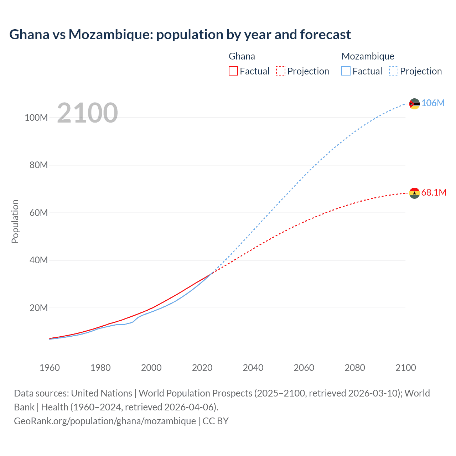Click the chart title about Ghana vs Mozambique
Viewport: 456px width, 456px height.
[180, 35]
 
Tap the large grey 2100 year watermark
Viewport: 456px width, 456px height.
[87, 113]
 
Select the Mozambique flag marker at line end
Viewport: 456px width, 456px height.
[414, 104]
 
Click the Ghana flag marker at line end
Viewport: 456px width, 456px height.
[414, 193]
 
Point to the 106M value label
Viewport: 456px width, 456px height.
[433, 103]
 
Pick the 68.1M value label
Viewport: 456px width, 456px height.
[434, 192]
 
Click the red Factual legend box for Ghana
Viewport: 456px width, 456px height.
[233, 71]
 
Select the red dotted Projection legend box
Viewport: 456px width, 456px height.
[281, 71]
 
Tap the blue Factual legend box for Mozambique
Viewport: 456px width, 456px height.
[346, 71]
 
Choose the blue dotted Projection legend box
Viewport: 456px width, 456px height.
[393, 71]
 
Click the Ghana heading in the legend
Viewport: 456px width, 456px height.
[242, 56]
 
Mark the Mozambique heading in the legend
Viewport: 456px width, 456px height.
[368, 56]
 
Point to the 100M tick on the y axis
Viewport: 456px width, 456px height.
[36, 118]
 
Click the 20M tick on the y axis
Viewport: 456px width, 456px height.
[38, 308]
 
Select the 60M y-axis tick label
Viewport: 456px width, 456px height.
[38, 213]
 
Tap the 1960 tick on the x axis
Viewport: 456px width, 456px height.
[50, 368]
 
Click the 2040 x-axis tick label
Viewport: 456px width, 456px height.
[253, 368]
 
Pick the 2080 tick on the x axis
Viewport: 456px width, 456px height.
[355, 368]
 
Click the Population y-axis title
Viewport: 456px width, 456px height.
[15, 221]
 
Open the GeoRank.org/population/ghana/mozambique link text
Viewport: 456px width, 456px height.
[105, 421]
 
